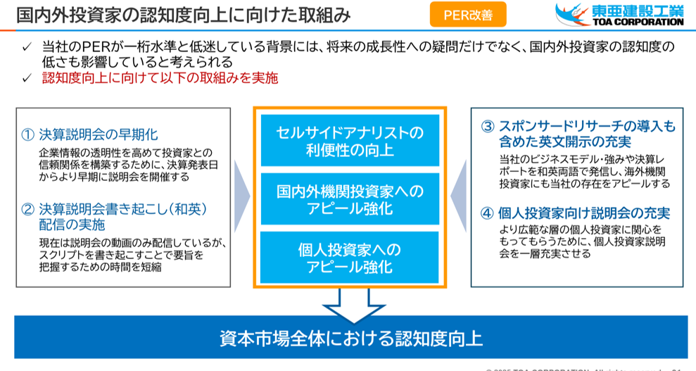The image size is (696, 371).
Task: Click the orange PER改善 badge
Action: coord(467,14)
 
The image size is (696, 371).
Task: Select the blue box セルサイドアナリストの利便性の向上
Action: coord(350,141)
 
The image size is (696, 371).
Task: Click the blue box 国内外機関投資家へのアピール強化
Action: coord(350,199)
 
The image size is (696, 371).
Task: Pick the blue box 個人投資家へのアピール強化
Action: coord(350,258)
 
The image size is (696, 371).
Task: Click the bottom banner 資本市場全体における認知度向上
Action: coord(350,337)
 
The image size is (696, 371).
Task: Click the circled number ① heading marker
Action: coord(28,134)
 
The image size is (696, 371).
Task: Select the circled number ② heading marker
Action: coord(28,208)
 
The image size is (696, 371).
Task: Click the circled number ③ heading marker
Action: coord(488,126)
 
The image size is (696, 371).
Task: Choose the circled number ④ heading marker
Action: coord(488,213)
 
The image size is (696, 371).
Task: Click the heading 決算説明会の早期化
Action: coord(99,134)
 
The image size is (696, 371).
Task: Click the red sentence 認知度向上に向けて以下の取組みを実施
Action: coord(160,78)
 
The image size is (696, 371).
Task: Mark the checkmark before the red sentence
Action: coord(27,78)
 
